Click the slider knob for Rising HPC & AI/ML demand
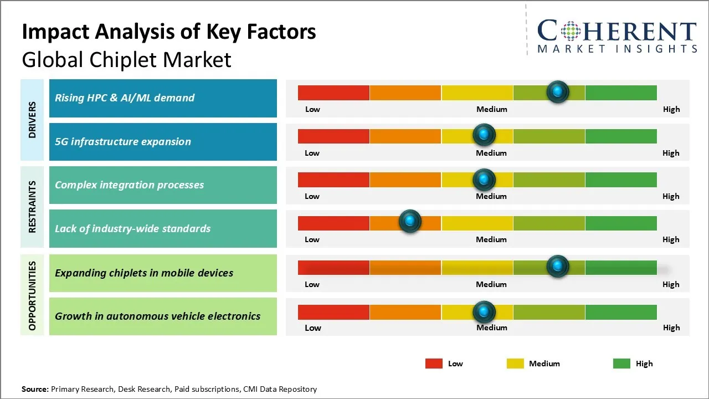[557, 91]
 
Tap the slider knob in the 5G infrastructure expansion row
[484, 135]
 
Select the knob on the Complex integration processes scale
[484, 179]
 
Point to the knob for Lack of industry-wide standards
[410, 222]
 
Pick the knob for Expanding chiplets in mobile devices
[557, 266]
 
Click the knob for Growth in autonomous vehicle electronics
[484, 312]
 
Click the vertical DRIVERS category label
[32, 120]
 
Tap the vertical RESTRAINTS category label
[32, 207]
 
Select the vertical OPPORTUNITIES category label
[32, 295]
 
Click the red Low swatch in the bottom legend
[434, 364]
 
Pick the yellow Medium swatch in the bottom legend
[515, 364]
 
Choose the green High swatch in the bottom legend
[621, 364]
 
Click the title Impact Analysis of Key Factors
[169, 32]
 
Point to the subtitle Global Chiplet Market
[126, 59]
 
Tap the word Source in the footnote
[34, 389]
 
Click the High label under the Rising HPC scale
[671, 109]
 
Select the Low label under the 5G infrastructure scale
[312, 153]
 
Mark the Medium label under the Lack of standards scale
[491, 239]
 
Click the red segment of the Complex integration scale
[333, 180]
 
